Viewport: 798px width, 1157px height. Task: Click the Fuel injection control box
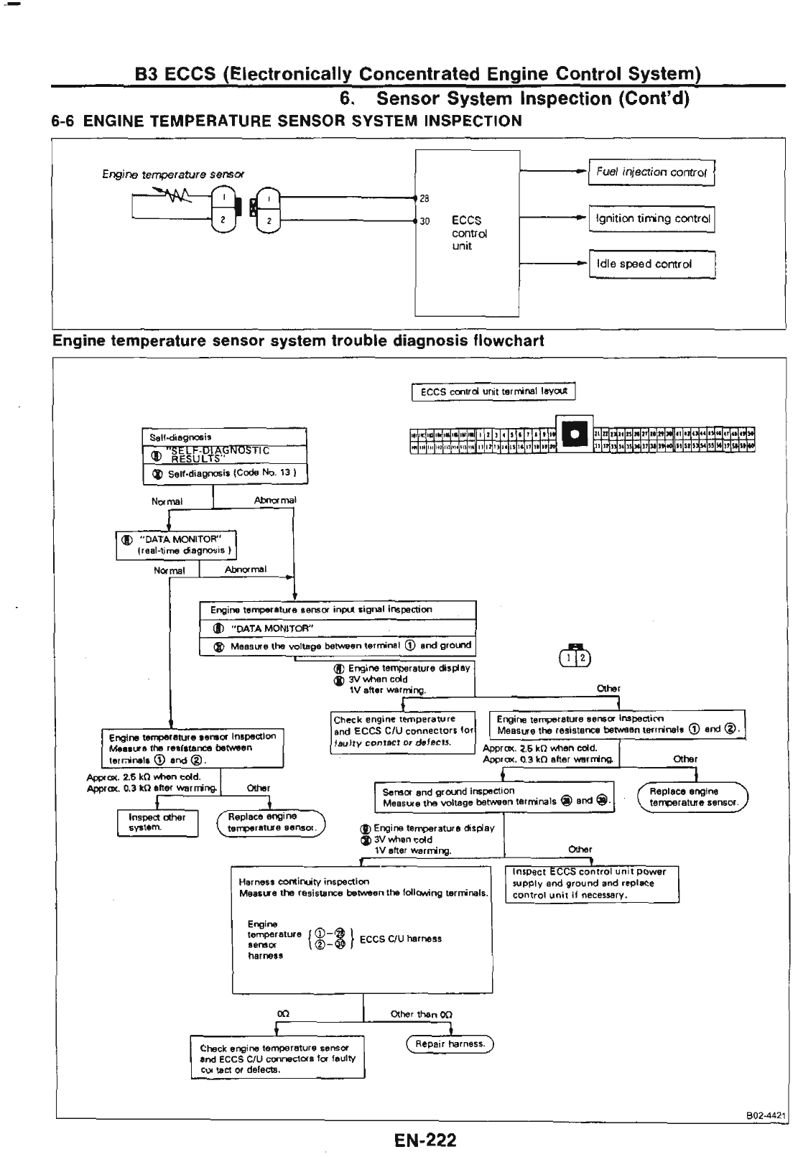coord(651,172)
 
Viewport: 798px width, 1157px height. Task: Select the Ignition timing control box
coord(651,219)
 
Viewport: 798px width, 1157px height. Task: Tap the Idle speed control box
coord(651,264)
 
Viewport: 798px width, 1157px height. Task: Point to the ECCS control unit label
coord(469,233)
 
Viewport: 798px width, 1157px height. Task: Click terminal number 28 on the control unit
coord(424,199)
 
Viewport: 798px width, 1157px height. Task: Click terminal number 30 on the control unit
coord(424,221)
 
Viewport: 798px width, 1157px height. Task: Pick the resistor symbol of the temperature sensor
coord(175,194)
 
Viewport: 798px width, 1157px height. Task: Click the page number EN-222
coord(424,1140)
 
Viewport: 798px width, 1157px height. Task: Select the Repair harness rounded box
coord(450,1044)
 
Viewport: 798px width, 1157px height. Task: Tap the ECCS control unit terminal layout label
coord(493,391)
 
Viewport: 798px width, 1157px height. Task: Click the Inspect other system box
coord(157,822)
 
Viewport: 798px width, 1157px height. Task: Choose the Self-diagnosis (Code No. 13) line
coord(227,474)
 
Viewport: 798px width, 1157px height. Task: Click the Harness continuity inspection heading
coord(304,881)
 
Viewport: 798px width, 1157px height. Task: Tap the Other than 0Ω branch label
coord(421,1014)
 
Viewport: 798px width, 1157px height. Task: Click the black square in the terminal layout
coord(574,433)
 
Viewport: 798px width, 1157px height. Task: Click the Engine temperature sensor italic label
coord(173,175)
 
